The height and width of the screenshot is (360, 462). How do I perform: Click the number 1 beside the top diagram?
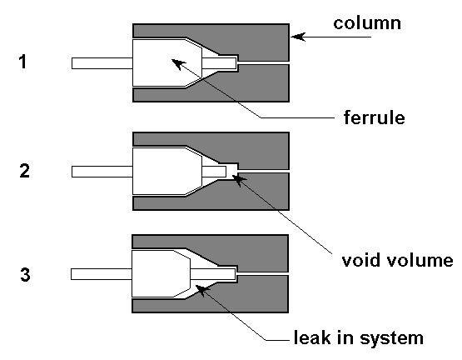tap(23, 62)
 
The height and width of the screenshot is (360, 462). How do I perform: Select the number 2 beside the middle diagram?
tap(24, 171)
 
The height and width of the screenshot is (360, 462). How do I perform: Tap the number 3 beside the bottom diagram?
tap(25, 274)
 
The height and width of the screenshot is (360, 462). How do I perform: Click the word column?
tap(367, 22)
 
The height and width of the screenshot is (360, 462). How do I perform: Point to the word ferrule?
tap(375, 117)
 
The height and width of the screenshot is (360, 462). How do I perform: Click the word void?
tap(360, 260)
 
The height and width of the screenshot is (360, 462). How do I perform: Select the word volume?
tap(420, 260)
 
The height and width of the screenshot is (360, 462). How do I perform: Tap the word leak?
tap(312, 337)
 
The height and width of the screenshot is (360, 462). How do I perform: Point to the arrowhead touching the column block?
tap(297, 37)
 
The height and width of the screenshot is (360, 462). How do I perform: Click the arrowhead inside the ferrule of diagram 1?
tap(178, 64)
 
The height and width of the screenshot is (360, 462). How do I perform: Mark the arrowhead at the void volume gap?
tap(239, 180)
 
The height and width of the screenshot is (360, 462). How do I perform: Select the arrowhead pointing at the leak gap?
tap(202, 290)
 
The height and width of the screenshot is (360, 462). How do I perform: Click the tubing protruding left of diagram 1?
tap(102, 63)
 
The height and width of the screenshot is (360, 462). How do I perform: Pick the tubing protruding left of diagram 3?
tap(101, 274)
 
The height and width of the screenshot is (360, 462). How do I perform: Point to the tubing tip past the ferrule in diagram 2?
tap(214, 172)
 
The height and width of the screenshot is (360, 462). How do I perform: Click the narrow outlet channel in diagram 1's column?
tap(263, 62)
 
